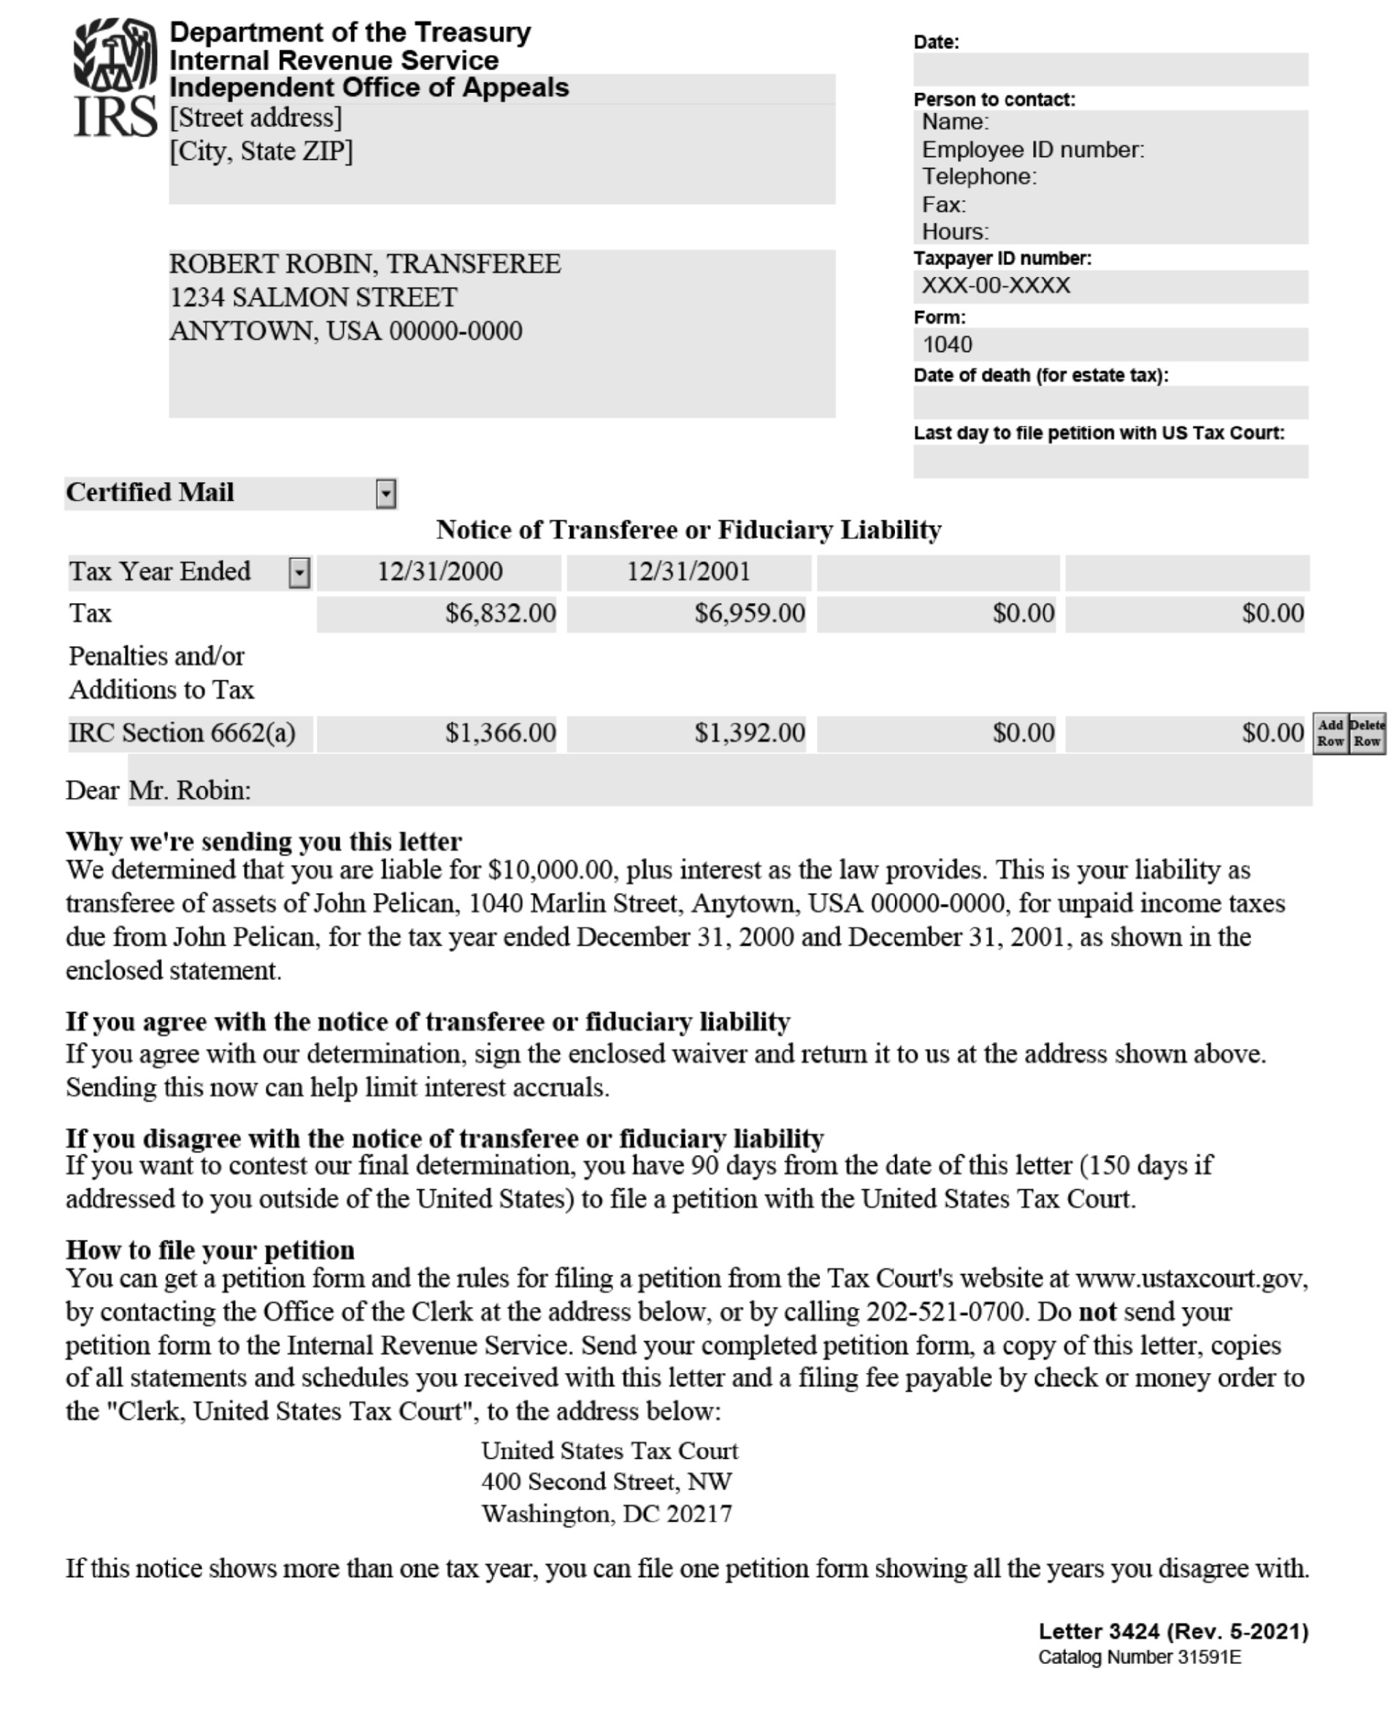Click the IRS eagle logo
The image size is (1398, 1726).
point(115,77)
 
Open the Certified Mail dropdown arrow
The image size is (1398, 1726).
point(385,494)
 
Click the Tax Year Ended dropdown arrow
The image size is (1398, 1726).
point(299,572)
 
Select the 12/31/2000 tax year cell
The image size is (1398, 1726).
point(439,572)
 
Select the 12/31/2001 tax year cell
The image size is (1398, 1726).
point(688,572)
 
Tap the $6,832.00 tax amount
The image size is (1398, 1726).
point(500,614)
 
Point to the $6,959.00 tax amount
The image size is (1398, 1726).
point(749,614)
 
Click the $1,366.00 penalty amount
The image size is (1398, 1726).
point(500,733)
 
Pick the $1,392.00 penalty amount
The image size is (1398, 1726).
point(749,733)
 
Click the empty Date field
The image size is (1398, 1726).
point(1110,69)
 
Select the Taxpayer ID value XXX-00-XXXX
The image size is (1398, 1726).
point(996,286)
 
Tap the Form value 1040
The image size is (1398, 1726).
point(947,345)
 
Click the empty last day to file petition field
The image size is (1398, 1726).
point(1110,461)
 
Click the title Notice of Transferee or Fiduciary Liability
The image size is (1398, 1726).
point(688,530)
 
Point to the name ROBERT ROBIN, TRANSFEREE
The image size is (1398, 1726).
point(365,264)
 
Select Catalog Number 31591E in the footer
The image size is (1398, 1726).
point(1139,1657)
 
